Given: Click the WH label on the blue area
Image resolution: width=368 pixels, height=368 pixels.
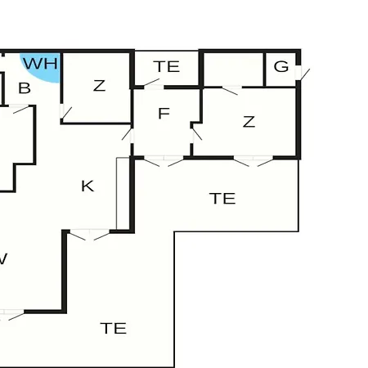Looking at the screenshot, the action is (41, 64).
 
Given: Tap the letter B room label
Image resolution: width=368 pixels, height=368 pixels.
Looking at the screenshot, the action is (25, 88).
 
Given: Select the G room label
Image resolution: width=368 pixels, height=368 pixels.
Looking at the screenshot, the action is (281, 66).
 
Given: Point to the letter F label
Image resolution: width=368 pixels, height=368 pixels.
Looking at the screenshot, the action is (164, 113).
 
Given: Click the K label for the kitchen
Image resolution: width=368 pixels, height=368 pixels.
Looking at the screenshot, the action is (88, 186).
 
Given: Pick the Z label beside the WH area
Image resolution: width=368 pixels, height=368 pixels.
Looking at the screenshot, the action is (99, 86).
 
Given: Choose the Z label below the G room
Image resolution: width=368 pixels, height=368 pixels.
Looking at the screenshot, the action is (249, 122).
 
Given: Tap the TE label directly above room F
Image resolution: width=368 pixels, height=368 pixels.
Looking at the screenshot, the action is (167, 66).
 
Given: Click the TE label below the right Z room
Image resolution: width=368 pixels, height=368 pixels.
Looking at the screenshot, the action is (222, 199).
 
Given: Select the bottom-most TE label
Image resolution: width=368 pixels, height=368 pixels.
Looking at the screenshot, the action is (114, 328).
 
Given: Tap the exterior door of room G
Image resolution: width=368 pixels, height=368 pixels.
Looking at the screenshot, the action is (302, 74).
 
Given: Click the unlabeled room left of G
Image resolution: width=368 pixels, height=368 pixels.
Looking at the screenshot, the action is (233, 70).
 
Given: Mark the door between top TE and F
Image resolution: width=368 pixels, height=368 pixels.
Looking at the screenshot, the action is (153, 83).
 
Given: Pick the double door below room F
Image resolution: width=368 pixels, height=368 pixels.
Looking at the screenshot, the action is (164, 161).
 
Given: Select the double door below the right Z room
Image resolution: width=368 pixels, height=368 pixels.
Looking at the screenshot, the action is (254, 161).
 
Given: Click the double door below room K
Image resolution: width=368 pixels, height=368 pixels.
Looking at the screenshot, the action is (90, 235).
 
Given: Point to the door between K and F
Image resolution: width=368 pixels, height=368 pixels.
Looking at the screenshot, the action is (128, 135).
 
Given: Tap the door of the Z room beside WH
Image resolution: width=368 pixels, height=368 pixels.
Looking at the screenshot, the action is (65, 112).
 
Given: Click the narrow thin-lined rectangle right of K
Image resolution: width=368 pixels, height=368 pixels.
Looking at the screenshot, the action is (123, 194).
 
